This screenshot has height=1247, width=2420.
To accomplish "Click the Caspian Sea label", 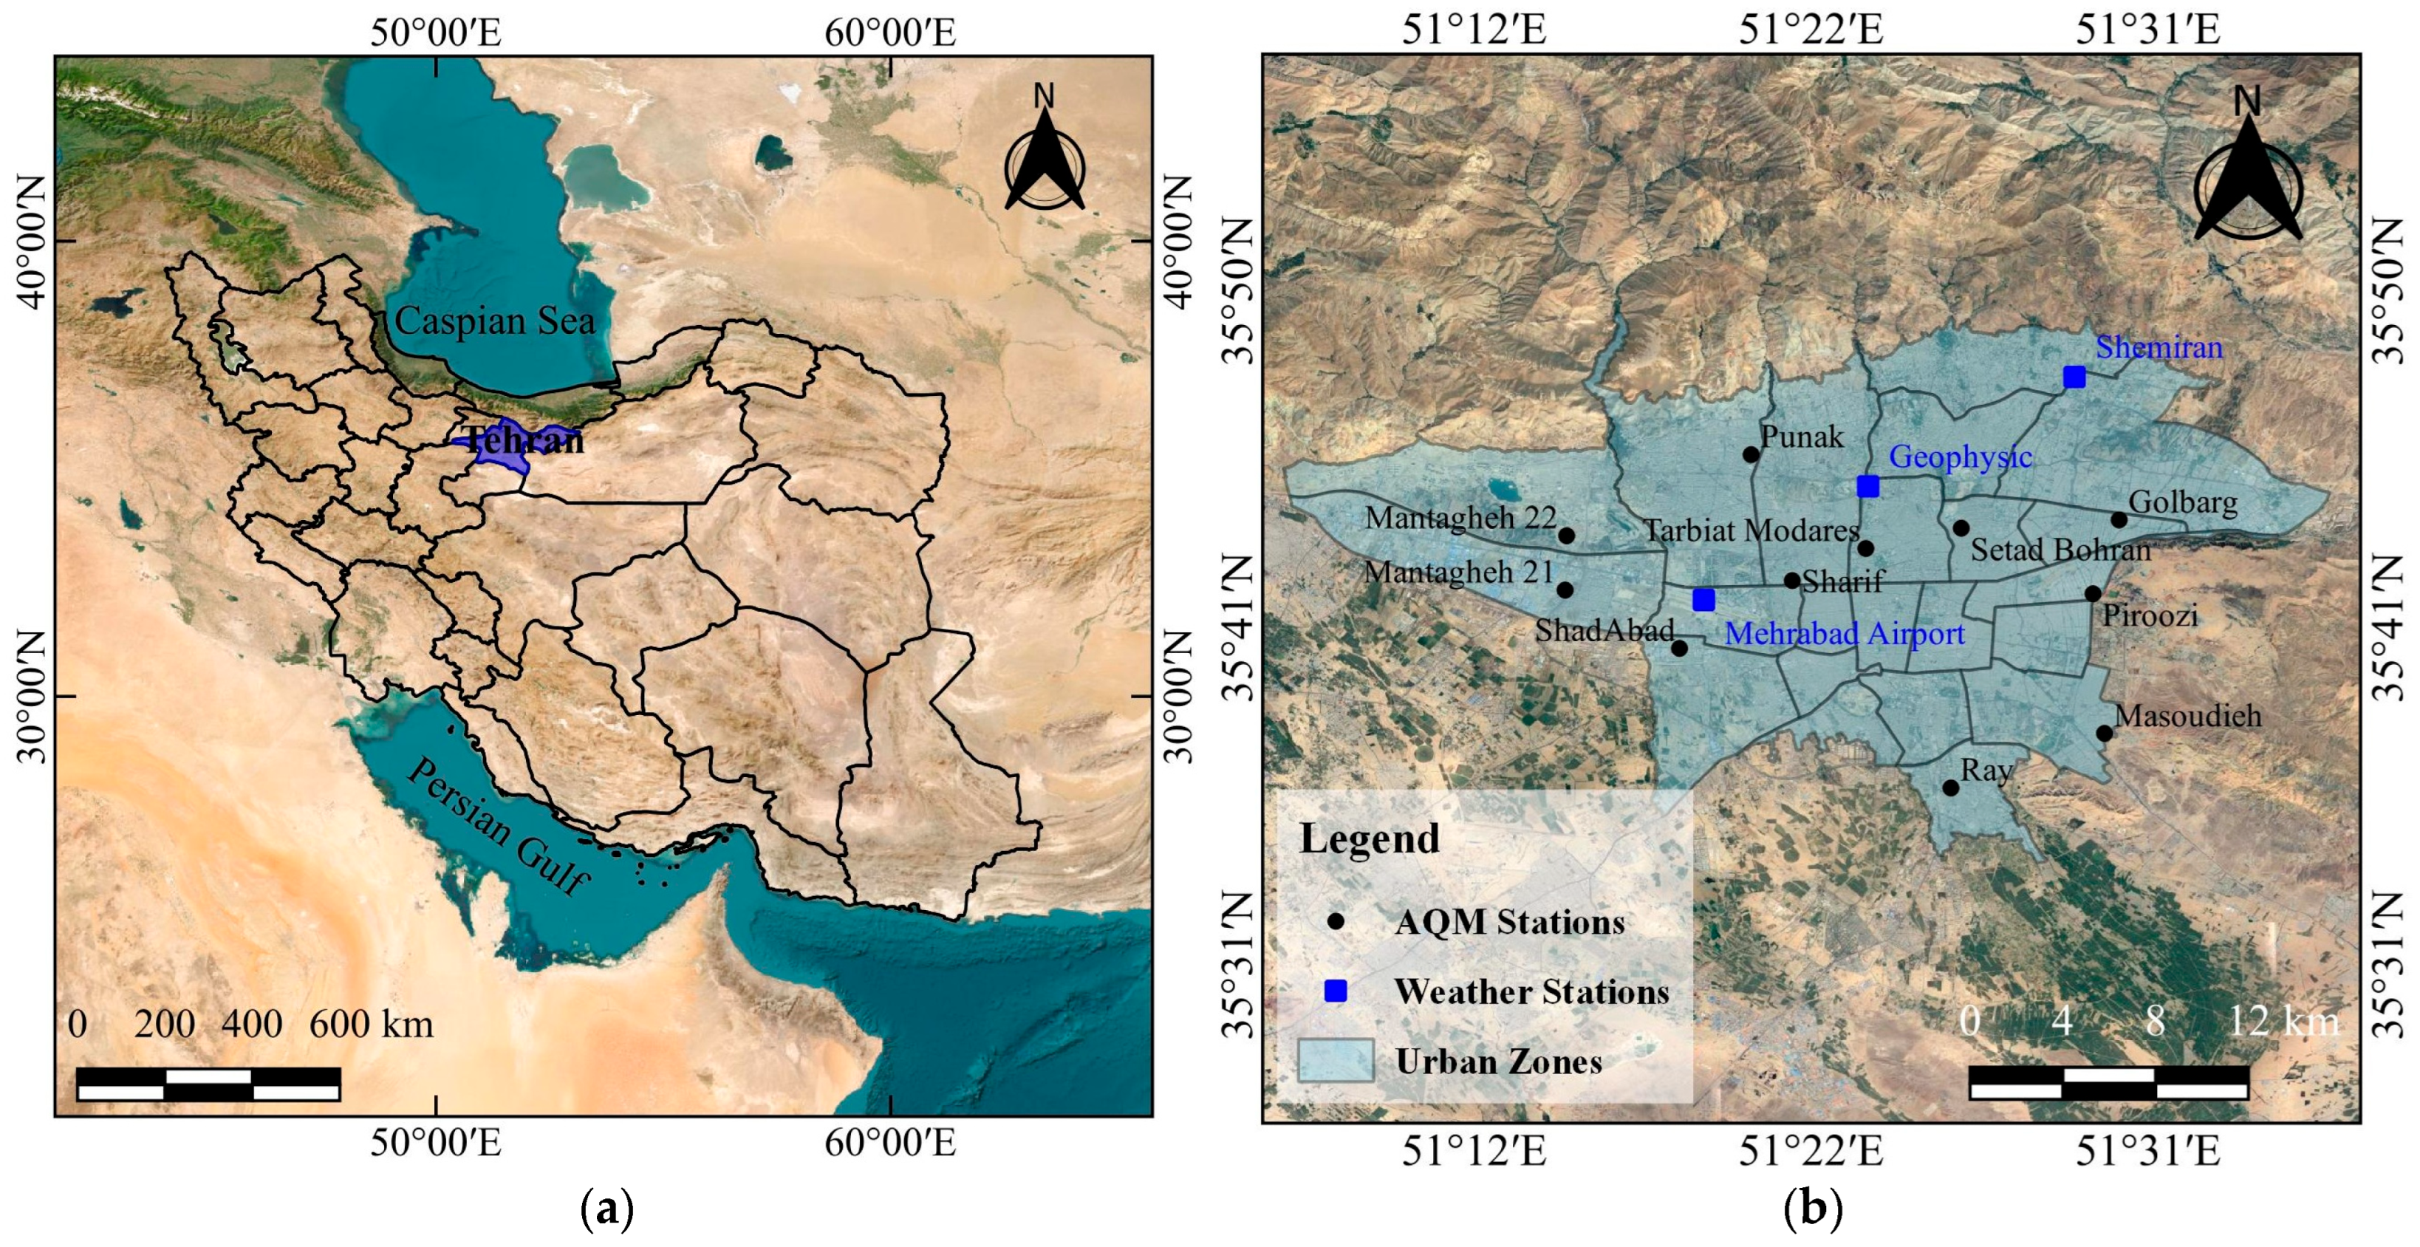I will point(495,321).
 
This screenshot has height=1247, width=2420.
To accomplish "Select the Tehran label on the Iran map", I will point(523,440).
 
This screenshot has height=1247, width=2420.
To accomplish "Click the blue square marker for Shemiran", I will point(2074,377).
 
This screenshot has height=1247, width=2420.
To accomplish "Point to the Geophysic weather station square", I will point(1868,486).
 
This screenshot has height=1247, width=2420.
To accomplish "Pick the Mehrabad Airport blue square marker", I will point(1703,600).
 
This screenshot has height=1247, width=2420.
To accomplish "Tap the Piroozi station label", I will point(2150,615).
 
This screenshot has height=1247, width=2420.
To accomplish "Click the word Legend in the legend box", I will point(1369,838).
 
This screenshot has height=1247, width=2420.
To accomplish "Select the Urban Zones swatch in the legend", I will point(1335,1060).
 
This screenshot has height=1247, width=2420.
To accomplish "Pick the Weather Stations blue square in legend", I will point(1335,991).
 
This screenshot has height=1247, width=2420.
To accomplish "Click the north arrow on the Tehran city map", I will point(2248,179).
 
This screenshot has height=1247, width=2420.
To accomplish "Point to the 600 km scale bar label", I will point(371,1023).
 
